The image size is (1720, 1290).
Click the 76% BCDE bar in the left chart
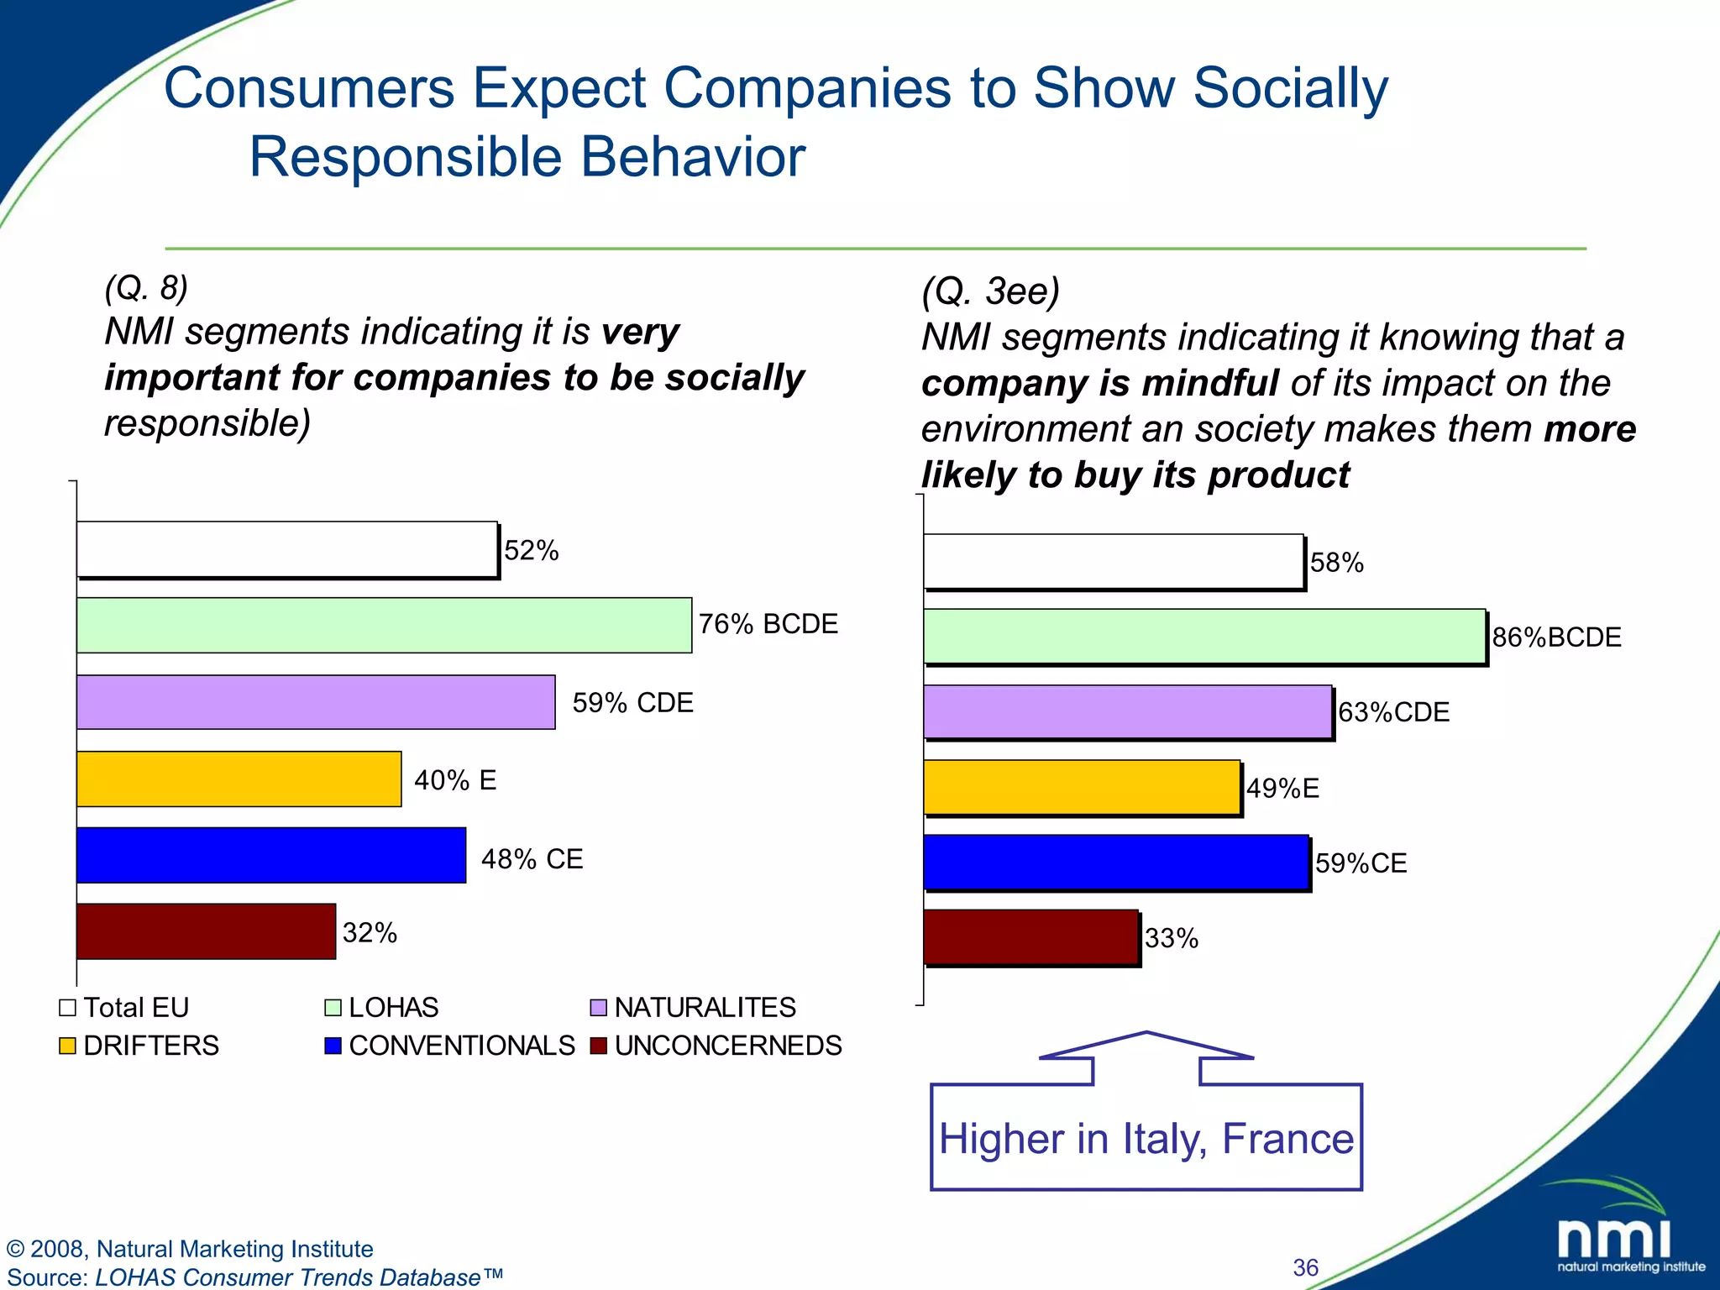point(384,625)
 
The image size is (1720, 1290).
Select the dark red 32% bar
point(206,931)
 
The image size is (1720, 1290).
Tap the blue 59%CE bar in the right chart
point(1115,862)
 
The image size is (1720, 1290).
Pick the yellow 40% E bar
point(239,779)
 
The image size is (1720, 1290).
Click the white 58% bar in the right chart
point(1113,561)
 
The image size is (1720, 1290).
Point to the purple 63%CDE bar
point(1127,711)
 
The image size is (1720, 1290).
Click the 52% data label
point(531,551)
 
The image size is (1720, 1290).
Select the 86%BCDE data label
point(1555,637)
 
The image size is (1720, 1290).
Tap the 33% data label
point(1171,938)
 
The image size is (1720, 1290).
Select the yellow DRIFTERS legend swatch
point(68,1046)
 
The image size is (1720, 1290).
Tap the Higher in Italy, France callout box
point(1146,1137)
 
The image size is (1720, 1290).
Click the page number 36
point(1305,1267)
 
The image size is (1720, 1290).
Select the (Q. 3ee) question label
point(990,291)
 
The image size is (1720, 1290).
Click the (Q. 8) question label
point(146,288)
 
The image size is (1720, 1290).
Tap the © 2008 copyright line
point(190,1249)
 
